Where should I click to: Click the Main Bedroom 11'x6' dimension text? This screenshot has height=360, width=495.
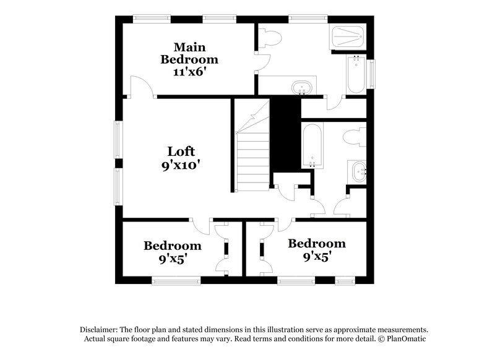[189, 72]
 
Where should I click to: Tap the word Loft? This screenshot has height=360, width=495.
[181, 152]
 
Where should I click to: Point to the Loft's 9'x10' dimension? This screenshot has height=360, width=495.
[181, 165]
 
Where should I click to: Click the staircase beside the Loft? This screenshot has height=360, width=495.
[252, 145]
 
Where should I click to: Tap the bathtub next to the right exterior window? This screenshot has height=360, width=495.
[356, 74]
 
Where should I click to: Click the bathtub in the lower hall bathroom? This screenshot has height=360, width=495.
[312, 145]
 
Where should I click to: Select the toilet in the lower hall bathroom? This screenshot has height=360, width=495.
[355, 137]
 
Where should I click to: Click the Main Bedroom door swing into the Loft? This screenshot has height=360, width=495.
[142, 86]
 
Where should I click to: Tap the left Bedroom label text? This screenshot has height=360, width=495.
[173, 246]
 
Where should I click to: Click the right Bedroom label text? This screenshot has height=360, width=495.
[317, 244]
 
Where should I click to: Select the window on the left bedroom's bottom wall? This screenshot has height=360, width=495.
[176, 280]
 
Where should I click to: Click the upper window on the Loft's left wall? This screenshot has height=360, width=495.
[118, 140]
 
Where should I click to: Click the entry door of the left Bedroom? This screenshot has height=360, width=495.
[200, 227]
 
